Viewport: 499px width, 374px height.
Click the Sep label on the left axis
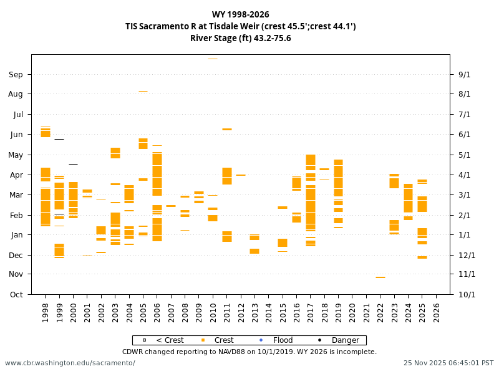(x=16, y=75)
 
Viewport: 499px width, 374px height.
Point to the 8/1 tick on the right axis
(x=465, y=94)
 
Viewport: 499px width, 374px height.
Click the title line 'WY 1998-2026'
(x=240, y=15)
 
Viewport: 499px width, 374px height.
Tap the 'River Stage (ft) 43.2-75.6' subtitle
(x=240, y=38)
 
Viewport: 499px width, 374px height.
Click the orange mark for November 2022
(x=380, y=277)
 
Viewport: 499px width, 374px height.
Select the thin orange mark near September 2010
(x=213, y=59)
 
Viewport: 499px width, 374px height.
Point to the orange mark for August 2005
(x=143, y=91)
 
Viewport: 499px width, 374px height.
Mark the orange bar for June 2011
(x=227, y=129)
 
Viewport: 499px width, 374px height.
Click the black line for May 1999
(x=59, y=139)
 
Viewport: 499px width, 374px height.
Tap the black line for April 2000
(x=73, y=164)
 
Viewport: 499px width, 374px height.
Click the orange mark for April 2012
(x=241, y=175)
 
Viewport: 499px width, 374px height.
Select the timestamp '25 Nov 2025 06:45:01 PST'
(x=448, y=363)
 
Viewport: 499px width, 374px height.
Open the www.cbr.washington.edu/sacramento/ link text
(x=70, y=363)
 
